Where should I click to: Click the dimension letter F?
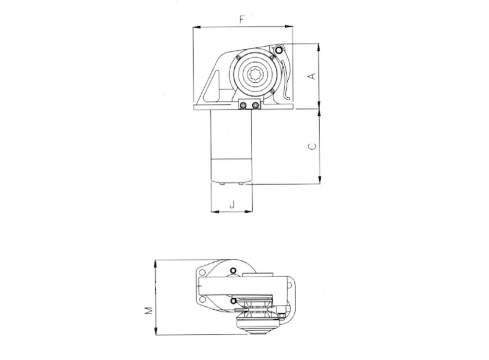(242, 20)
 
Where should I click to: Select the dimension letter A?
(311, 76)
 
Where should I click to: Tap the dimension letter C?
(311, 147)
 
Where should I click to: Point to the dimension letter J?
(232, 204)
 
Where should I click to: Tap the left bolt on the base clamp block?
(243, 105)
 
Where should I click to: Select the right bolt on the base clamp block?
(255, 105)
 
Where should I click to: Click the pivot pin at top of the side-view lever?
(278, 50)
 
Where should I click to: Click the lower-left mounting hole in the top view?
(201, 300)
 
